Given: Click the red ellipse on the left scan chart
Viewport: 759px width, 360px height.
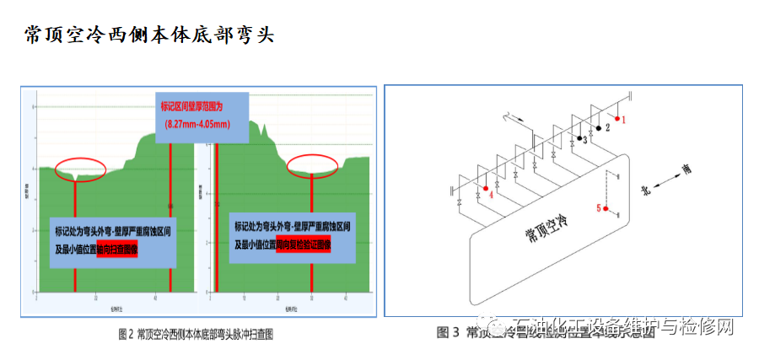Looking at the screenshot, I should pos(80,169).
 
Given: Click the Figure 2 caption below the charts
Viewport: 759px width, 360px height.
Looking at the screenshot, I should pos(196,335).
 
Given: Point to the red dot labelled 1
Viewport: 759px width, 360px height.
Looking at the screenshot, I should pos(617,119).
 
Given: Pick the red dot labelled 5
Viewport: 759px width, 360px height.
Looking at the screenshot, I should pos(606,207).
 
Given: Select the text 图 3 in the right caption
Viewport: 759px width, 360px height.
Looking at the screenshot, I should pos(447,332).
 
